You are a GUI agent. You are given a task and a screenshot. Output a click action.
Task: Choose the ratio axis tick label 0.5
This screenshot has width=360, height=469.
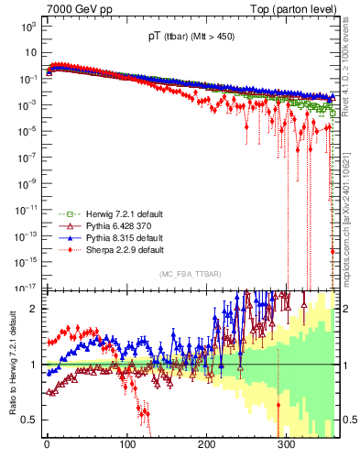29,420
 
